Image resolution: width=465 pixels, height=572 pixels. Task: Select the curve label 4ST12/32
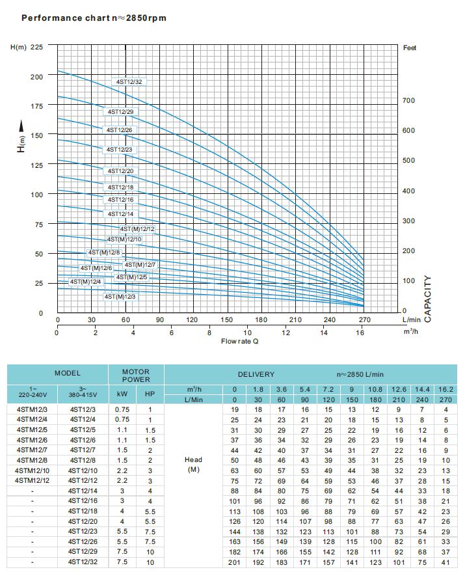coord(129,82)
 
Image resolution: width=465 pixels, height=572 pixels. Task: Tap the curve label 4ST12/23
coord(120,150)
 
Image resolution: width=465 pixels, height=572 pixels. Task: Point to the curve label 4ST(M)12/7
coord(140,265)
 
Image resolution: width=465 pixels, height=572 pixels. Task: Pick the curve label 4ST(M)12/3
coord(120,297)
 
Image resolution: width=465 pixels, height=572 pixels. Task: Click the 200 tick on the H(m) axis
coord(37,77)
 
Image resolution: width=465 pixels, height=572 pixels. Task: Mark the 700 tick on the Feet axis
coord(408,101)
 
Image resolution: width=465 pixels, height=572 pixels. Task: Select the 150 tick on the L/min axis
coord(227,320)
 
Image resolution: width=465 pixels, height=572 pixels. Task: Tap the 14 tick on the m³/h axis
coord(324,333)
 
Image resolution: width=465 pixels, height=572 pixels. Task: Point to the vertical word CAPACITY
coord(427,299)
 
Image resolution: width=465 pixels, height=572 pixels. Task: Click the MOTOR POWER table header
coord(136,375)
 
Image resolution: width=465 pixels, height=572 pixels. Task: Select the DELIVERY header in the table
coord(256,375)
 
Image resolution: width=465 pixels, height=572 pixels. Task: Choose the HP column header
coord(150,394)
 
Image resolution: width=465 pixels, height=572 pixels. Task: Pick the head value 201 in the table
coord(235,562)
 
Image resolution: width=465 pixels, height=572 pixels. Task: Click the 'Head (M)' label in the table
coord(193,465)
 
